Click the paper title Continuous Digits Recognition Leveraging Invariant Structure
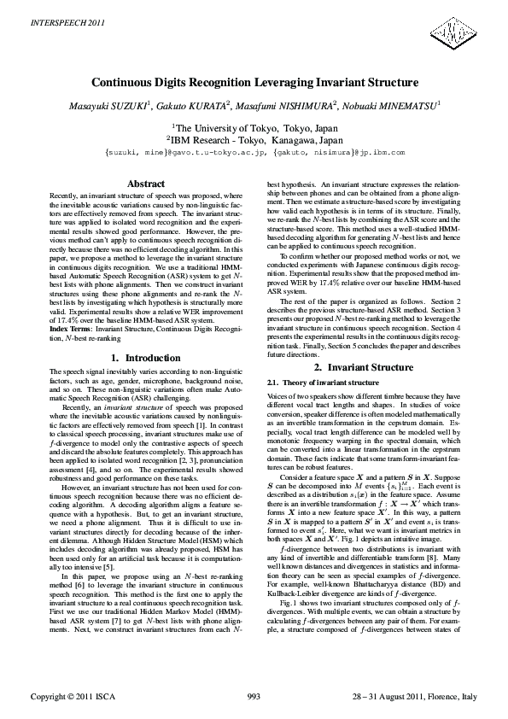[254, 84]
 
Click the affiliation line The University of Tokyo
[254, 126]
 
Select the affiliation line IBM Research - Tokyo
[254, 138]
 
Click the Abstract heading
[145, 184]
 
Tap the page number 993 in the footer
[254, 698]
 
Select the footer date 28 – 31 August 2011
[388, 698]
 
